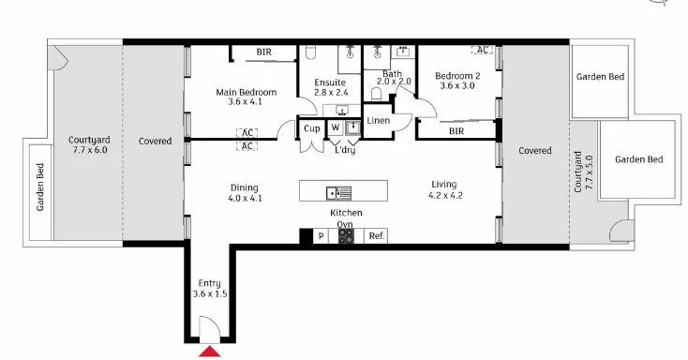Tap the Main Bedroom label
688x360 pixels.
point(247,97)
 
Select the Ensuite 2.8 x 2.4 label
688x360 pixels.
point(331,87)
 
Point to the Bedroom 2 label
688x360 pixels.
point(457,81)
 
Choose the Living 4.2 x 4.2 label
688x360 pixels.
point(445,189)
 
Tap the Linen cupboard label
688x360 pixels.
point(378,121)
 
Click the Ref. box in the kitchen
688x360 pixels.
point(376,236)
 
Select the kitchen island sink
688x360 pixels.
point(338,193)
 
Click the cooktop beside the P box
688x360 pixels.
point(346,236)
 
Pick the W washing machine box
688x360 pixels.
point(335,127)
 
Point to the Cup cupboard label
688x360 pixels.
point(311,127)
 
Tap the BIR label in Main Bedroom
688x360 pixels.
point(265,52)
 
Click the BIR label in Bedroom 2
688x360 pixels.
point(456,131)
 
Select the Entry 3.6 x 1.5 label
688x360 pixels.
point(210,288)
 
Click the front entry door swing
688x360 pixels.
point(209,328)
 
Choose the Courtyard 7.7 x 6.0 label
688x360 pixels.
point(88,143)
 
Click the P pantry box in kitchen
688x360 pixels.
point(321,236)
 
